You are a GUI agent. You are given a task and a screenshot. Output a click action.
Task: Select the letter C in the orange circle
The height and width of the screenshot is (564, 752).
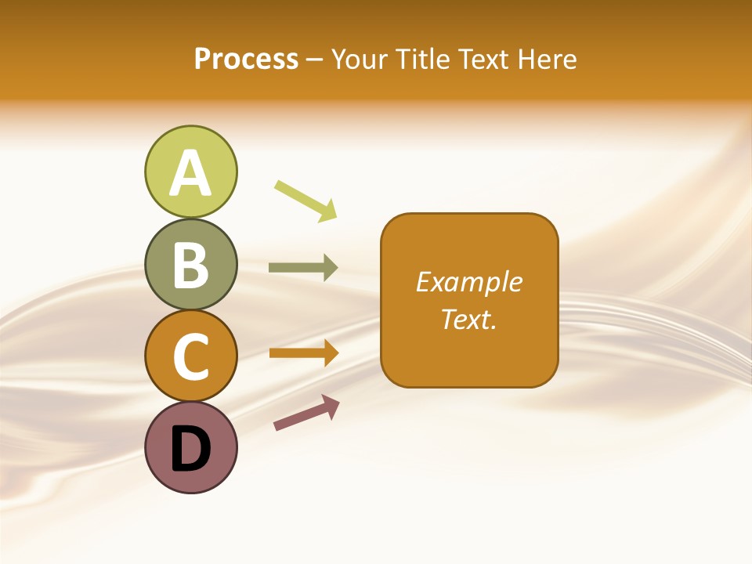tap(190, 356)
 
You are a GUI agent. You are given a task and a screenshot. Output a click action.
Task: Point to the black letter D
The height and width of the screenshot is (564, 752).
tap(190, 449)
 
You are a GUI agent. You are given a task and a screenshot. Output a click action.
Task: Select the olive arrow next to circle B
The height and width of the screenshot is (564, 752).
tap(302, 267)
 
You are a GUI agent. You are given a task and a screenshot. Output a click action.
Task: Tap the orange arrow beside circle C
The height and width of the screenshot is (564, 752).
tap(302, 353)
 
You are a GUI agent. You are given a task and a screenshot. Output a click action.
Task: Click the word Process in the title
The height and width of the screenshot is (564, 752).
tap(246, 59)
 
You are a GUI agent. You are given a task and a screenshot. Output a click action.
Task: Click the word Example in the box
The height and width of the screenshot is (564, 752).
tap(468, 282)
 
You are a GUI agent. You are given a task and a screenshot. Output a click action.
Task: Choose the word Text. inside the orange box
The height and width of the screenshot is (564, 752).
tap(468, 319)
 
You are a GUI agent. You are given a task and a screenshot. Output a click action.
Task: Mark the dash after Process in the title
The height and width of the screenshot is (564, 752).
tap(314, 60)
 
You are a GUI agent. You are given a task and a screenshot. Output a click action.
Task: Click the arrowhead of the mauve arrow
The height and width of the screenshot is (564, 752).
tap(331, 405)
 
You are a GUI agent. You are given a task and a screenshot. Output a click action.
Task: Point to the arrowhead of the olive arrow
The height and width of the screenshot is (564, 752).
tap(330, 267)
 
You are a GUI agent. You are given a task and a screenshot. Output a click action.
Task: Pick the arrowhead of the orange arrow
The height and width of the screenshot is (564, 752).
tap(330, 353)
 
